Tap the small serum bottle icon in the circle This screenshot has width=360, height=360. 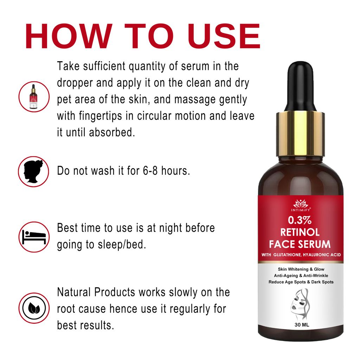click(x=33, y=97)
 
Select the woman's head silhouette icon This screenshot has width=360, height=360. click(x=33, y=172)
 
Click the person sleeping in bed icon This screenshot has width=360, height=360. click(x=33, y=237)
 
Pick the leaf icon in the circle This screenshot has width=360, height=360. click(x=33, y=308)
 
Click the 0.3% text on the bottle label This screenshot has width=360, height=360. click(x=300, y=220)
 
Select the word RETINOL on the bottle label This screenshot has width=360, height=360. click(x=300, y=232)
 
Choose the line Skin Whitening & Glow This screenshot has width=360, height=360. click(x=301, y=269)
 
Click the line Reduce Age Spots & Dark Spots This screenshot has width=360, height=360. click(x=301, y=282)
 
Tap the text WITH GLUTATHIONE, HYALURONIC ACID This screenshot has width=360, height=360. click(x=301, y=255)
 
